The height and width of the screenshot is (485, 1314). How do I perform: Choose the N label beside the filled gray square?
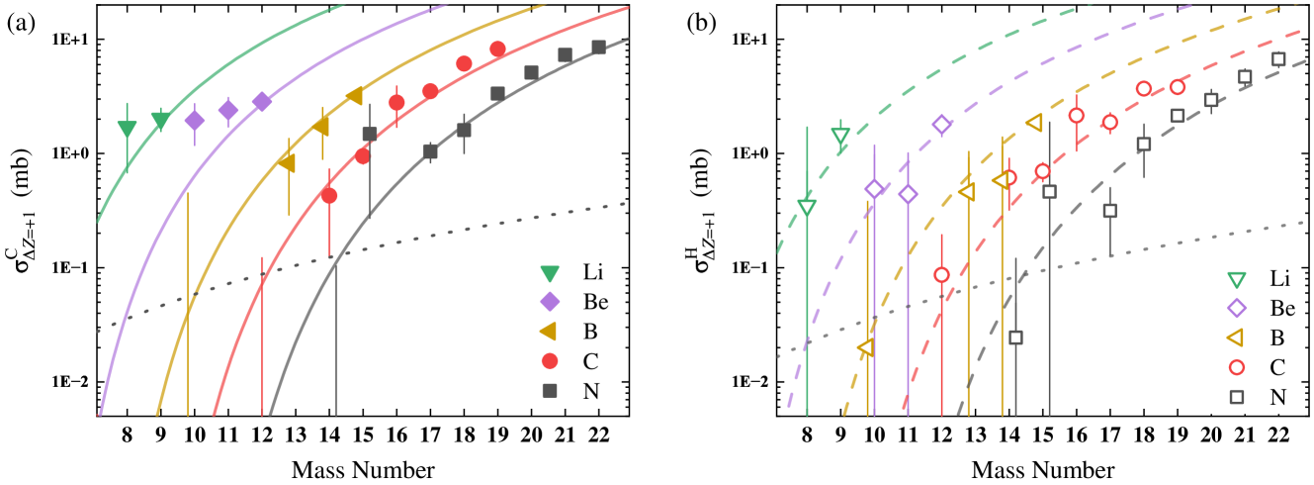(x=591, y=391)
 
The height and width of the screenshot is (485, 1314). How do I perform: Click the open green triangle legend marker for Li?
(x=1235, y=279)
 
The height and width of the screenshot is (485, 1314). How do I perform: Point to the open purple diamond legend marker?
(x=1235, y=309)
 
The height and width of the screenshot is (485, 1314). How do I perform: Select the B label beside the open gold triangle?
(x=1277, y=338)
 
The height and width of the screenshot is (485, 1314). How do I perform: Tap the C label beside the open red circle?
(x=1277, y=367)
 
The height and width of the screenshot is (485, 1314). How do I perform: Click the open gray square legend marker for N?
(x=1235, y=397)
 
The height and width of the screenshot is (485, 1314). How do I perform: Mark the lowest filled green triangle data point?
(x=128, y=130)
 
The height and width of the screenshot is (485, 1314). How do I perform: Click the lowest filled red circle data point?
(x=329, y=196)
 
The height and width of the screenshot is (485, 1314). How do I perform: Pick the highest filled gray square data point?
(x=598, y=48)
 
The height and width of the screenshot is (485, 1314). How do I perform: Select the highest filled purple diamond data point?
(x=262, y=101)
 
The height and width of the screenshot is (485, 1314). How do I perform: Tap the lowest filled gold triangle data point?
(x=287, y=162)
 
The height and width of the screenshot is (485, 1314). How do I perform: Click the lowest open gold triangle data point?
(x=865, y=347)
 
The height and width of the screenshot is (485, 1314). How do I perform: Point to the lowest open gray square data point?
(x=1015, y=338)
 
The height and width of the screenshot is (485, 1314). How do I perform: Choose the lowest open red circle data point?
(x=941, y=274)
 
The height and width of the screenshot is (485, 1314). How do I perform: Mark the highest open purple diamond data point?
(x=941, y=124)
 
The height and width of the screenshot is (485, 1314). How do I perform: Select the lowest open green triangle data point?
(x=807, y=207)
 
